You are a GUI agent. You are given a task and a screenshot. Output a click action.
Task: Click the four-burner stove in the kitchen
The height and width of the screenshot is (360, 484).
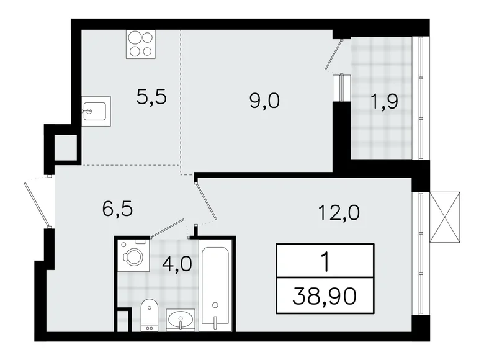tap(141, 44)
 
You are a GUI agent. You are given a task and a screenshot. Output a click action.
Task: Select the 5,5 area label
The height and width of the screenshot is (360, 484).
tap(152, 97)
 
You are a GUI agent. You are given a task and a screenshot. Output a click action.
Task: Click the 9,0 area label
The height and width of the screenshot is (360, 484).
tap(264, 101)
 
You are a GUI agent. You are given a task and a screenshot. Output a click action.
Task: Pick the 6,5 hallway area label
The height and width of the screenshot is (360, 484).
tap(118, 207)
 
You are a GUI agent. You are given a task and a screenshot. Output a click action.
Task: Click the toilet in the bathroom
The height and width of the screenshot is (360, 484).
tap(149, 313)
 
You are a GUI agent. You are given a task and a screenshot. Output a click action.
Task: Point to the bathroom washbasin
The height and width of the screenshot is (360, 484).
tap(181, 320)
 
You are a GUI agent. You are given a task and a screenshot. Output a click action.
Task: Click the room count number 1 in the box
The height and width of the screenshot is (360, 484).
tap(325, 260)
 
